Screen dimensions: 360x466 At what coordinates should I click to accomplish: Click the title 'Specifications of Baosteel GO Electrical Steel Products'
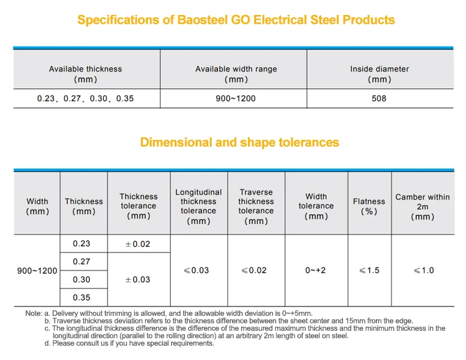pyautogui.click(x=235, y=20)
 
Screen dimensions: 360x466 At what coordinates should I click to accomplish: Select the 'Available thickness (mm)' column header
pyautogui.click(x=86, y=74)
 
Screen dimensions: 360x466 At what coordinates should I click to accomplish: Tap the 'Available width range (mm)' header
pyautogui.click(x=236, y=74)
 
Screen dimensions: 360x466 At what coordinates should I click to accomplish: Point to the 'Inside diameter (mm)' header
pyautogui.click(x=379, y=74)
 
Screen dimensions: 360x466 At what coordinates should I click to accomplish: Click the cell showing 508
pyautogui.click(x=379, y=99)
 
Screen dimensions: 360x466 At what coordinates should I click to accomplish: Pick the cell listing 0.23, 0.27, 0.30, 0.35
pyautogui.click(x=86, y=99)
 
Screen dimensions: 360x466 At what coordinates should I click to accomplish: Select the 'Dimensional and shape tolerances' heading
pyautogui.click(x=239, y=142)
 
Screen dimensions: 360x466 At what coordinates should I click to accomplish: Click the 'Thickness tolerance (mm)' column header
pyautogui.click(x=139, y=206)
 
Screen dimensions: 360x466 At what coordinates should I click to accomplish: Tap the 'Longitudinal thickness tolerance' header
pyautogui.click(x=199, y=206)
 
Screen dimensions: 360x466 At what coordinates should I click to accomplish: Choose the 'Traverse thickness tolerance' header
pyautogui.click(x=256, y=206)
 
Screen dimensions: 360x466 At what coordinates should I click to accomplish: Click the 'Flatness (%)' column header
pyautogui.click(x=369, y=206)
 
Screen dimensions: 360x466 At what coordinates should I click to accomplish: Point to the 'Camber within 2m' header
pyautogui.click(x=423, y=206)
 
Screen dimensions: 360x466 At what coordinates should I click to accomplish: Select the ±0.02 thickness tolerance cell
pyautogui.click(x=138, y=244)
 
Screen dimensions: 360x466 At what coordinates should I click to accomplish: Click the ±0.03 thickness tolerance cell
pyautogui.click(x=138, y=280)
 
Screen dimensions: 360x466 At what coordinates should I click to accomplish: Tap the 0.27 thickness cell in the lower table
pyautogui.click(x=81, y=262)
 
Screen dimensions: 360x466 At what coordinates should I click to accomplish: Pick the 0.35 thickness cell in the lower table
pyautogui.click(x=81, y=298)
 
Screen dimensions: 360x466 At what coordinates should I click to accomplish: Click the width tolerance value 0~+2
pyautogui.click(x=316, y=270)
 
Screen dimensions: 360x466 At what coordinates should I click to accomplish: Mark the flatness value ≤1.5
pyautogui.click(x=369, y=270)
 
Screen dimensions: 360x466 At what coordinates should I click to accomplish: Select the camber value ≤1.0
pyautogui.click(x=423, y=270)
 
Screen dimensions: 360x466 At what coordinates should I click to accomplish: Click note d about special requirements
pyautogui.click(x=129, y=343)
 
